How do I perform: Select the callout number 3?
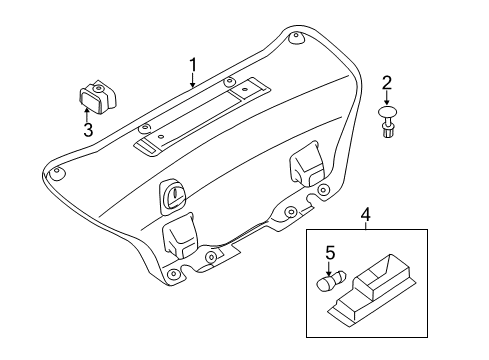(x=88, y=131)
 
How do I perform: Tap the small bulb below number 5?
(x=328, y=286)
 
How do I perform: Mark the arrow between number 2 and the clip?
(x=387, y=98)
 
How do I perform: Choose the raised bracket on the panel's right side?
(x=305, y=167)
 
